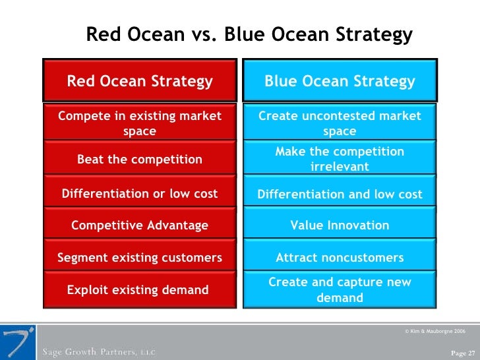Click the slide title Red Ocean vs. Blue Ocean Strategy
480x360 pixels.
pos(249,34)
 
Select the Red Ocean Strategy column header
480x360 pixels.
pos(140,81)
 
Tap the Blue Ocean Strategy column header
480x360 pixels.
pos(340,81)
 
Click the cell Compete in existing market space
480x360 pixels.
pos(140,123)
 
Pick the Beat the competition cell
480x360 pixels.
pos(140,159)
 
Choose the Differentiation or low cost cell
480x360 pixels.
pos(140,194)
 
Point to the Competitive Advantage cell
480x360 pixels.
pos(140,225)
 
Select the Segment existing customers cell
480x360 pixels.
pos(140,258)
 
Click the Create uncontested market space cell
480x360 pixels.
pos(340,123)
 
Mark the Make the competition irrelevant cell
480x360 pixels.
pos(340,159)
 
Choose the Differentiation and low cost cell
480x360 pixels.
pos(340,195)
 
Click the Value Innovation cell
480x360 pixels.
pos(340,225)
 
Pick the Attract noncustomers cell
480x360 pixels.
pos(340,258)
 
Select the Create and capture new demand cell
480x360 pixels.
pos(340,290)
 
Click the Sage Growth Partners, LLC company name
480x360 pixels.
pos(100,351)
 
